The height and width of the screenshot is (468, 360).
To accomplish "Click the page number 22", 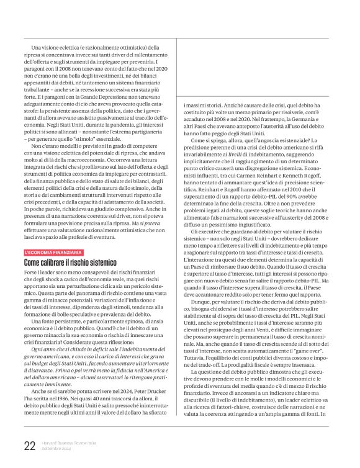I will click(29, 446).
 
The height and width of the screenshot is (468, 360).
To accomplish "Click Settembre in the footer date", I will click(53, 449).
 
